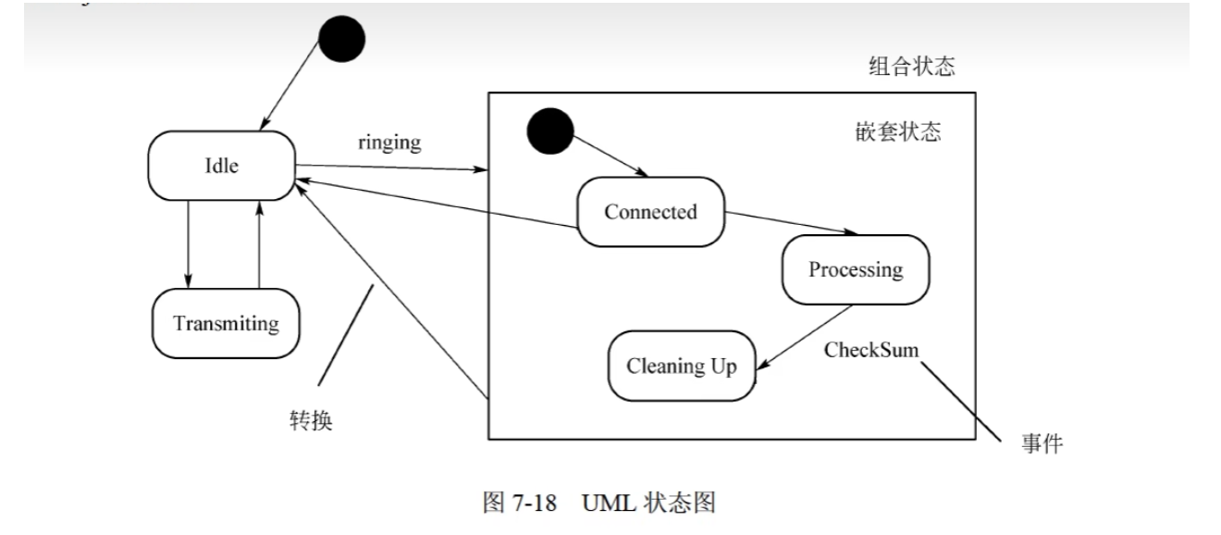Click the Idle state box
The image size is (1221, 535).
222,165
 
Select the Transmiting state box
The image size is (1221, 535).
227,324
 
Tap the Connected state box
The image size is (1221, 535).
650,212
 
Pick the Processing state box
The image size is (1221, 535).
855,269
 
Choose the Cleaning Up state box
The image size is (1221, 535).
682,366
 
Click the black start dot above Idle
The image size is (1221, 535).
341,40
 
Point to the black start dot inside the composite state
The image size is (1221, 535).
550,132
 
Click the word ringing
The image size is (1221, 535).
389,142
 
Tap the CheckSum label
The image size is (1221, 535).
870,351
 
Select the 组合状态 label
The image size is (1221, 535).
911,67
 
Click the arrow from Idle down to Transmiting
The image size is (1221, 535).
189,243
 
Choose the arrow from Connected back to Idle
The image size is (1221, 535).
435,205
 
